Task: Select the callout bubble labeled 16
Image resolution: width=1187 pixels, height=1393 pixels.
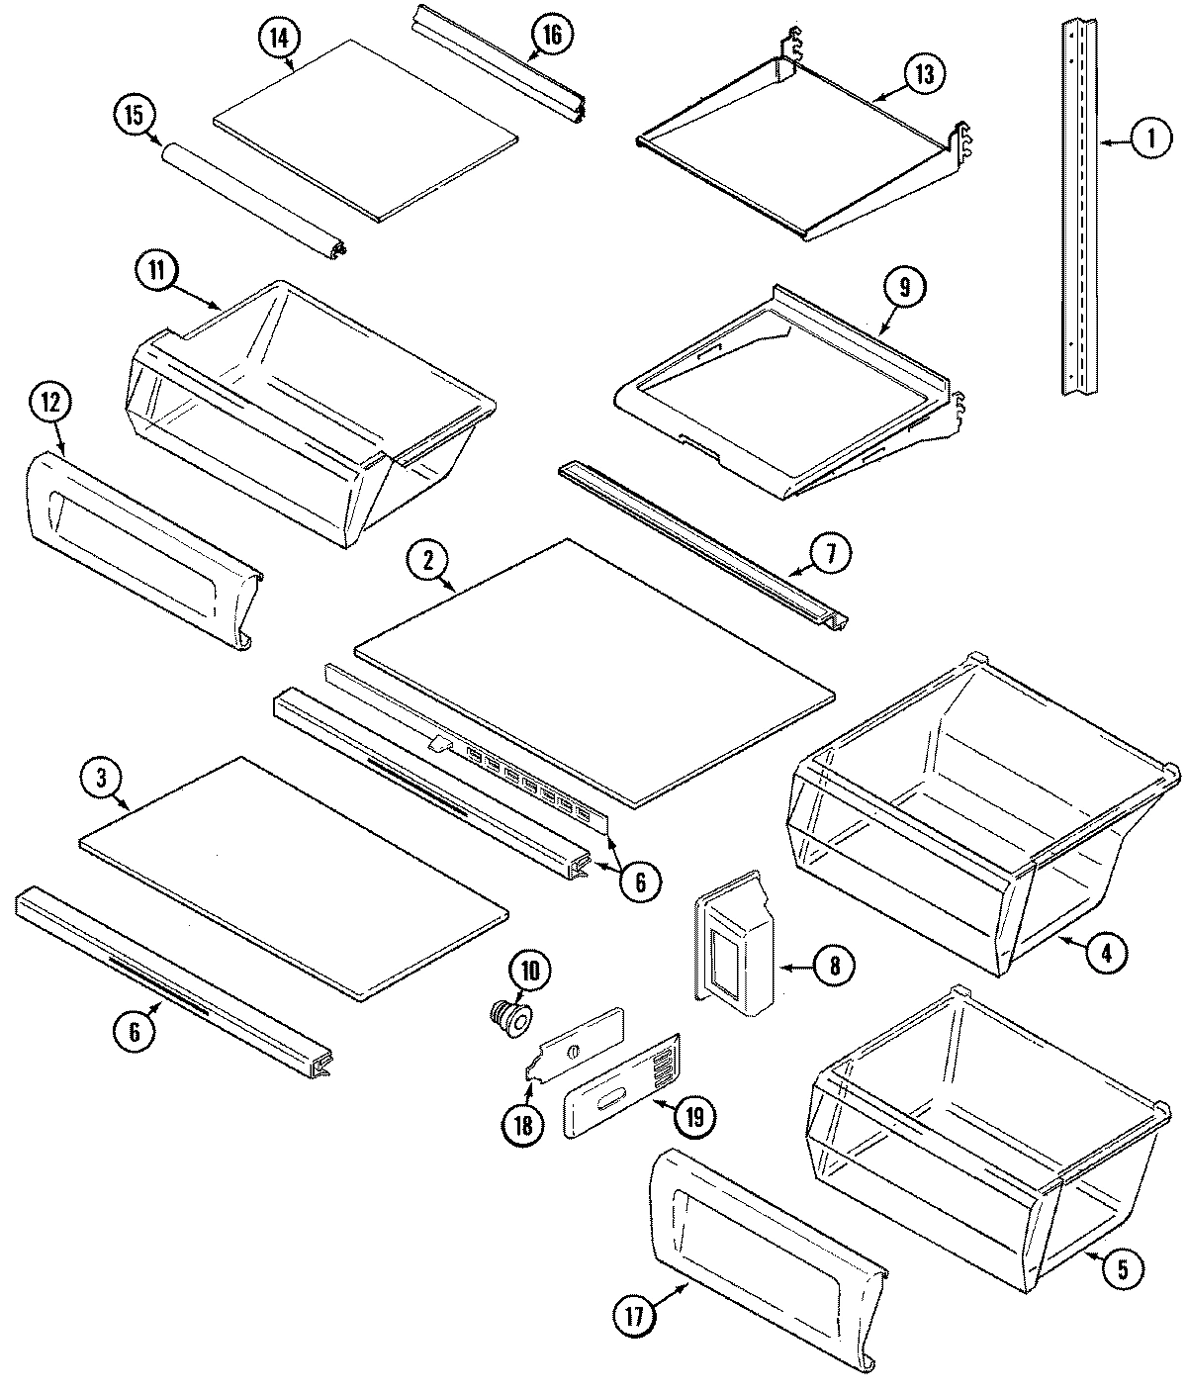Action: [551, 36]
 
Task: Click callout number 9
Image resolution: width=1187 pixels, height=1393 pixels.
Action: [904, 289]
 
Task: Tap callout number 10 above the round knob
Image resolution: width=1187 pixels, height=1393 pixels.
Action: [530, 971]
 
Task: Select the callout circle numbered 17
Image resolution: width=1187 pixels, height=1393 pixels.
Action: [634, 1316]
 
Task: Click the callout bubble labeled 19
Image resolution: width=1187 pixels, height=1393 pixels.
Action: [692, 1117]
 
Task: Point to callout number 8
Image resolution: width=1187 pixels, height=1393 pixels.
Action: [833, 965]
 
